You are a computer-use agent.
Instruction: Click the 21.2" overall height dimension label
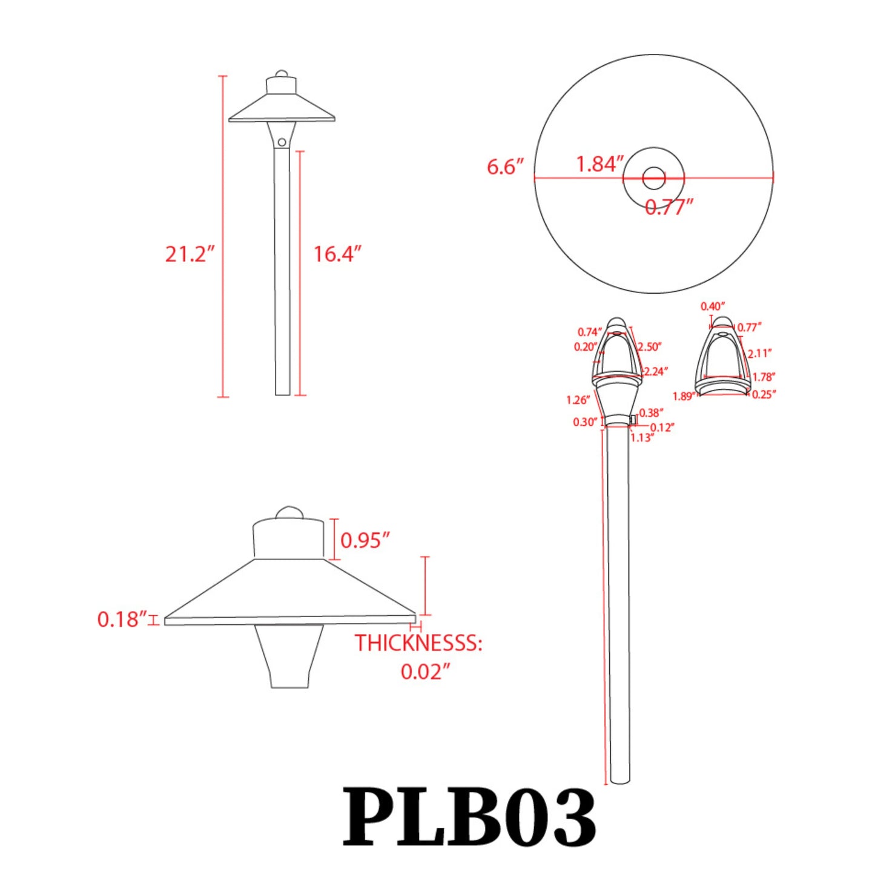click(190, 254)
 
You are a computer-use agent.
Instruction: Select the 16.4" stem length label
click(337, 254)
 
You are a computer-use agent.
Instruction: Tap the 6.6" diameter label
click(505, 167)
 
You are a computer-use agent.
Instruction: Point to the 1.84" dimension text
click(599, 164)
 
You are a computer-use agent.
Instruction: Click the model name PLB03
click(469, 817)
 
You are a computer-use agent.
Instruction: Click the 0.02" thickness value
click(425, 672)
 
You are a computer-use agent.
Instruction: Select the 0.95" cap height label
click(365, 540)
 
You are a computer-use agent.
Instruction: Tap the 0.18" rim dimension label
click(122, 619)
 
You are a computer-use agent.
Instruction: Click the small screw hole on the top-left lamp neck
click(282, 142)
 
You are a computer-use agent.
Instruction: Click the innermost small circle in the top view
click(653, 178)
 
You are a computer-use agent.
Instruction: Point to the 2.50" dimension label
click(649, 347)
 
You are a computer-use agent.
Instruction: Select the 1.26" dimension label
click(578, 400)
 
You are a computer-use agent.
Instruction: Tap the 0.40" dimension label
click(712, 306)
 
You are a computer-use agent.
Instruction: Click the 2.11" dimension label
click(759, 354)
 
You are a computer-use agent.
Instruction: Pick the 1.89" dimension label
click(684, 397)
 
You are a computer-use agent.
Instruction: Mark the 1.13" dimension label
click(642, 438)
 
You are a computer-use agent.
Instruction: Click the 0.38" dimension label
click(651, 413)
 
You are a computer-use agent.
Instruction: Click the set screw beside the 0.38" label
click(633, 419)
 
